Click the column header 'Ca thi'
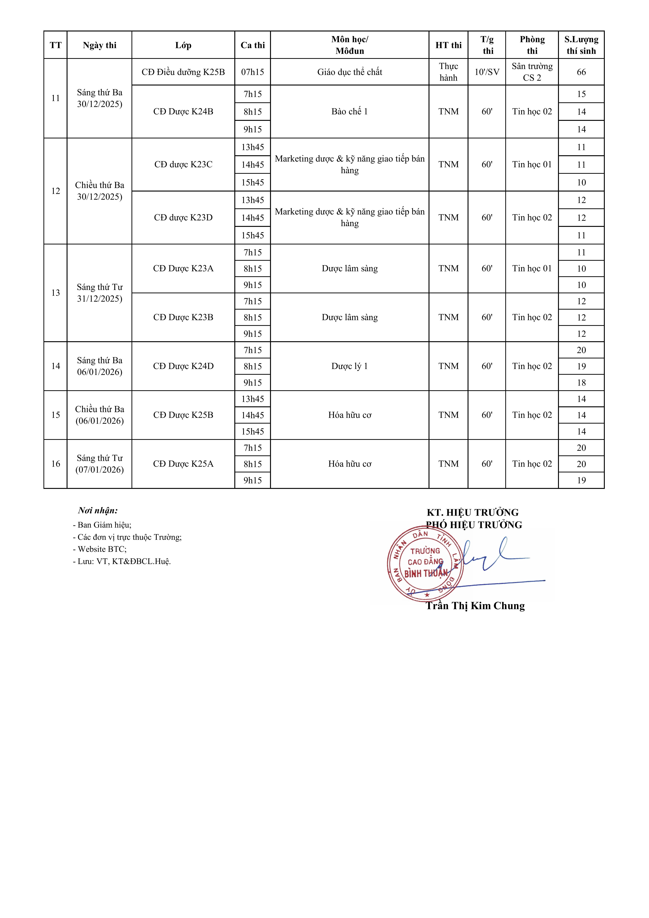pyautogui.click(x=253, y=45)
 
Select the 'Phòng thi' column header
pyautogui.click(x=532, y=45)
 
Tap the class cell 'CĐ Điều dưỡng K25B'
pyautogui.click(x=183, y=72)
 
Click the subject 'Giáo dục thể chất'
pyautogui.click(x=350, y=72)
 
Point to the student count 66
pyautogui.click(x=581, y=72)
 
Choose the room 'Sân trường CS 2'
pyautogui.click(x=532, y=72)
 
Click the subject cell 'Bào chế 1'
pyautogui.click(x=350, y=112)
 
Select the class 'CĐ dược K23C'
pyautogui.click(x=183, y=164)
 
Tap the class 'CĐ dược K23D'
pyautogui.click(x=183, y=217)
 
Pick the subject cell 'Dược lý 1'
pyautogui.click(x=350, y=366)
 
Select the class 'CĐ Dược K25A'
pyautogui.click(x=183, y=464)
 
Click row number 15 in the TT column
pyautogui.click(x=55, y=415)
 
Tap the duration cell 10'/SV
pyautogui.click(x=487, y=72)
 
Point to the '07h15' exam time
pyautogui.click(x=253, y=72)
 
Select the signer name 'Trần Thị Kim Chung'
pyautogui.click(x=475, y=606)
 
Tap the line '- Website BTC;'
pyautogui.click(x=100, y=549)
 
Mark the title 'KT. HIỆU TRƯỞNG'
pyautogui.click(x=472, y=513)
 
